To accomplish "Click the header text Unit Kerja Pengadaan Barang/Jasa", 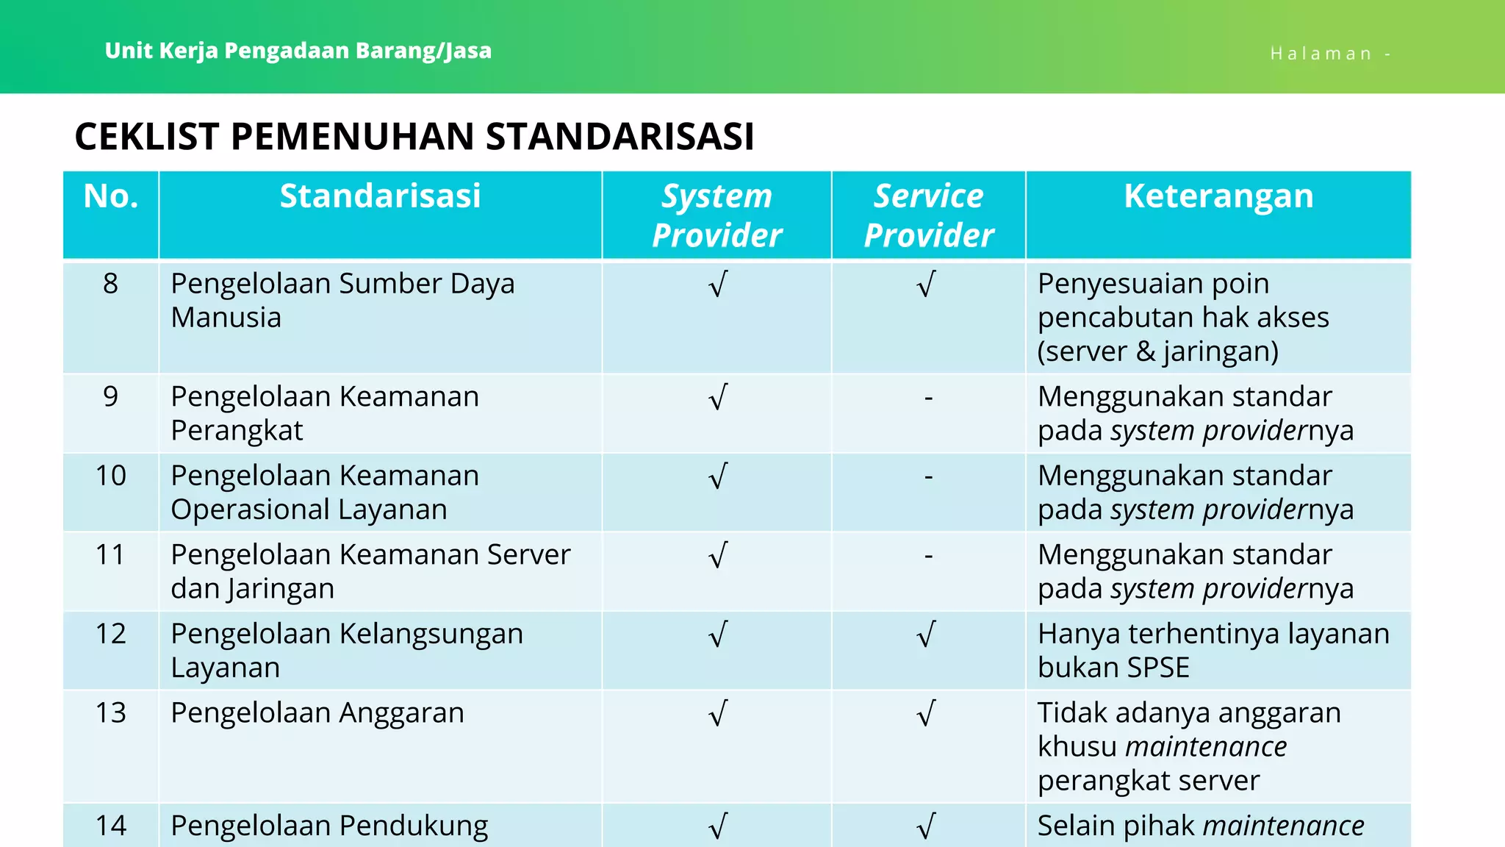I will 298,51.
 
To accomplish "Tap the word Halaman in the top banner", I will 1321,54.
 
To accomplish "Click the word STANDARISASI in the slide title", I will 619,137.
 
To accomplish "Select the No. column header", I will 111,196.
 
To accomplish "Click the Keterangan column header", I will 1218,196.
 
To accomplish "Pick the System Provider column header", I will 716,215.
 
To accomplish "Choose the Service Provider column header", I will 928,215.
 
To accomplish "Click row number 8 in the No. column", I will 110,284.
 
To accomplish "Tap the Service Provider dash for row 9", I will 928,398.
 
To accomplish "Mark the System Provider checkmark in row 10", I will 718,476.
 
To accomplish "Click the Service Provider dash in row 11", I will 928,556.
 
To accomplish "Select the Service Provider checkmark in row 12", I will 927,635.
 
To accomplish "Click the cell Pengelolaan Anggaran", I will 317,713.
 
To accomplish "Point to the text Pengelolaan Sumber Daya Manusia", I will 342,301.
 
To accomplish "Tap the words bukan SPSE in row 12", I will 1113,668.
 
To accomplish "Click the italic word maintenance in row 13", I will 1205,747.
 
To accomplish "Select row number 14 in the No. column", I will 110,826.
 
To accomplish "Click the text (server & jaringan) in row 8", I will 1157,351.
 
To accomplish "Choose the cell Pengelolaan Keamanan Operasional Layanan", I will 324,493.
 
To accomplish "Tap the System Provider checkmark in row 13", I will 718,714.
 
